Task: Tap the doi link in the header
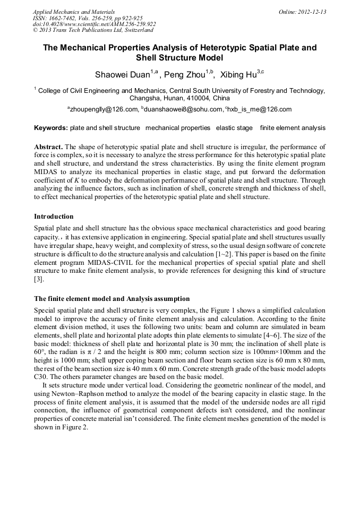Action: tap(94, 24)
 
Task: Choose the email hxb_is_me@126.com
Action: tap(260, 110)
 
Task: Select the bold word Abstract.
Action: tap(49, 146)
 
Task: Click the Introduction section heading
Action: tap(54, 217)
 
